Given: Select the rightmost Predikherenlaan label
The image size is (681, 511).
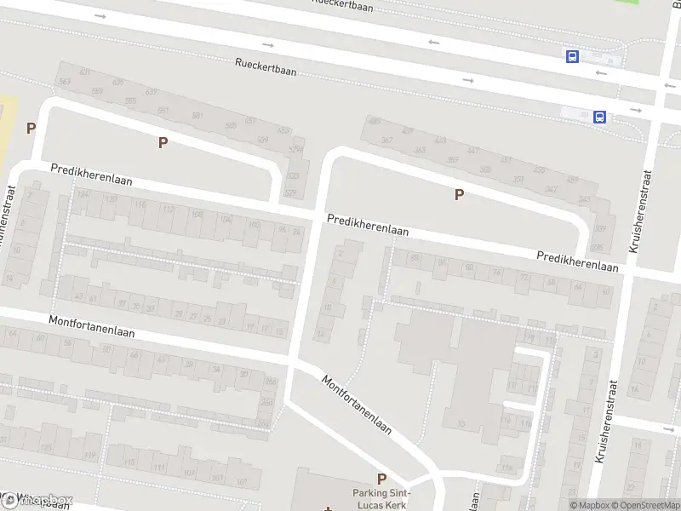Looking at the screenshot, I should tap(576, 261).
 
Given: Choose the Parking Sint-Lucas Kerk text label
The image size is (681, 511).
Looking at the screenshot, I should tap(381, 499).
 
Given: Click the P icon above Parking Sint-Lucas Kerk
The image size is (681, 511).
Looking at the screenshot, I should tap(381, 479).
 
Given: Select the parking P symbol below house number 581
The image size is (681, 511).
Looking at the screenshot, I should tap(163, 142).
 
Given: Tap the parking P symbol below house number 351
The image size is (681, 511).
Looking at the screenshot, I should tap(459, 194).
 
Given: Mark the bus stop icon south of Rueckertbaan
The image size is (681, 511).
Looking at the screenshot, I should tap(599, 117).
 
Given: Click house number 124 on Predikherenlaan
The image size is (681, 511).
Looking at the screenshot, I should tap(83, 195).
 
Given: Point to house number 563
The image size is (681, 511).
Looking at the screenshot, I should tap(65, 82).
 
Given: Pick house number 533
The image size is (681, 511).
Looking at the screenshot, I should tap(292, 175).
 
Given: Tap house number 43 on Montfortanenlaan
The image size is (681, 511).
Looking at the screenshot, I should tap(79, 296).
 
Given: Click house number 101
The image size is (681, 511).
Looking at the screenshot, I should tap(242, 482).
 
